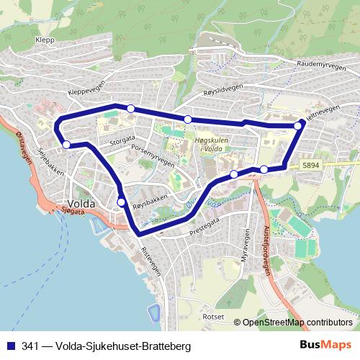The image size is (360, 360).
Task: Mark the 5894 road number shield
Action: pyautogui.click(x=311, y=166)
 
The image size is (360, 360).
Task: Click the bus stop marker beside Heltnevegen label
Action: pyautogui.click(x=298, y=126)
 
